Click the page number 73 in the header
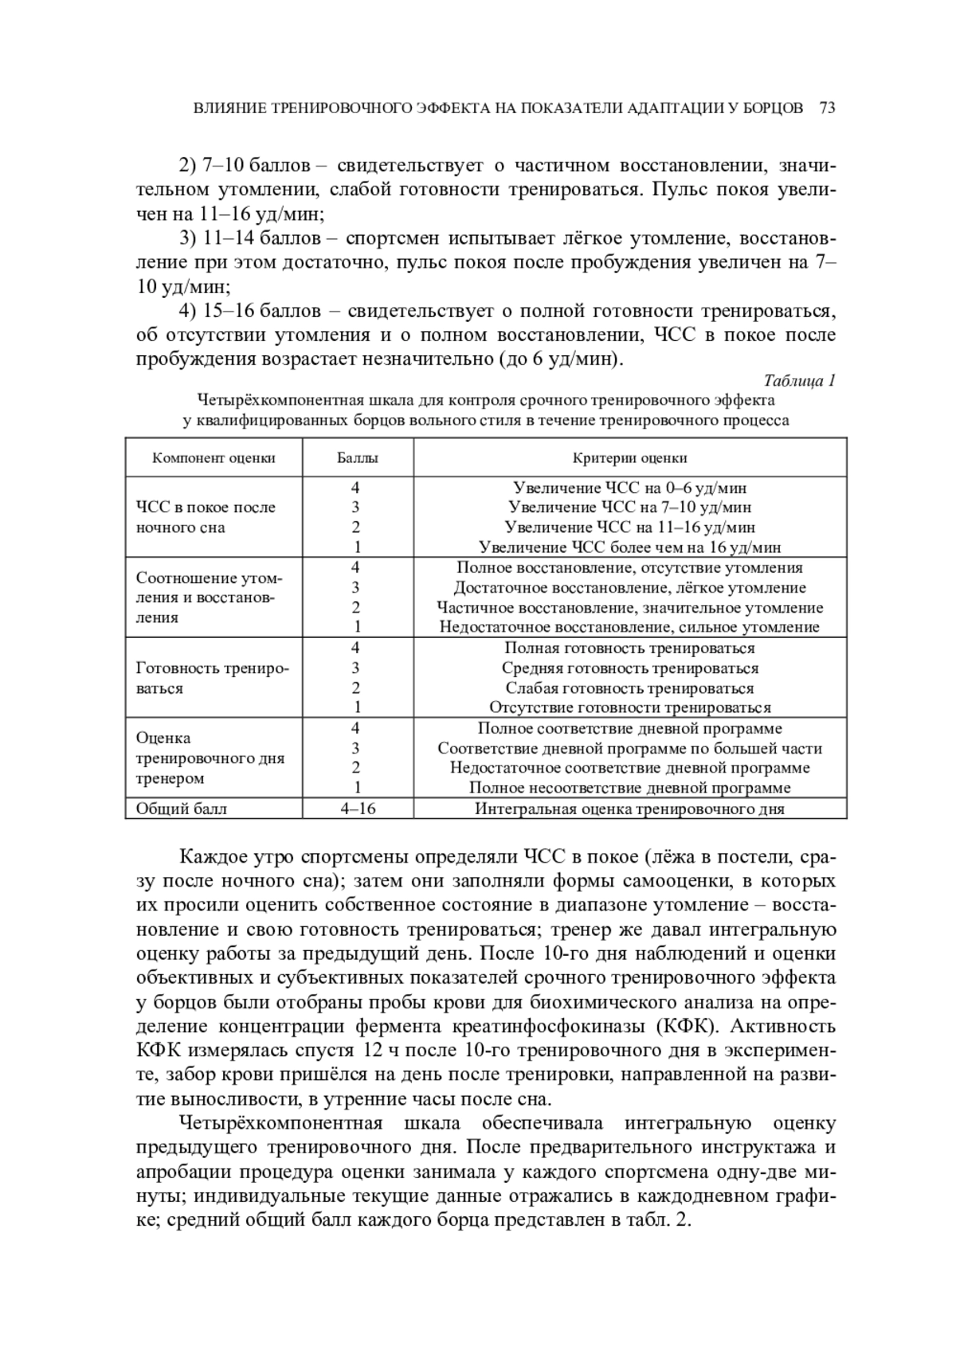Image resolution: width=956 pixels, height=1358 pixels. click(x=826, y=108)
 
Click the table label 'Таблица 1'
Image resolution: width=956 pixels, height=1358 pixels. click(x=799, y=380)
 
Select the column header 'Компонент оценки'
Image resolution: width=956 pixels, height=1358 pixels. click(x=214, y=458)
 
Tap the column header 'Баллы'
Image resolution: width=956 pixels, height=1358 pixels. click(x=358, y=458)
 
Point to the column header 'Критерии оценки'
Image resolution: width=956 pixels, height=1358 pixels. click(x=629, y=458)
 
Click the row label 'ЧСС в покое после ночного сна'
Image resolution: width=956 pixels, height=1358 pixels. click(x=206, y=517)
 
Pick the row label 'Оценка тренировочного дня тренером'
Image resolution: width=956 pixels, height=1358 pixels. click(x=210, y=758)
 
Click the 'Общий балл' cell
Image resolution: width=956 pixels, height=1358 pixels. click(x=182, y=808)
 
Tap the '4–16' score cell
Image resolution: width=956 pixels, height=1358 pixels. click(x=358, y=808)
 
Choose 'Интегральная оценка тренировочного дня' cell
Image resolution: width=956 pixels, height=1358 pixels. click(x=629, y=808)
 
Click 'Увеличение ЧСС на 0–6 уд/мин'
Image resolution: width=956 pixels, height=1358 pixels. click(x=629, y=487)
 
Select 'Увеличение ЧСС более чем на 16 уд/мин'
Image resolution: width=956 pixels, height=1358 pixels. click(x=629, y=547)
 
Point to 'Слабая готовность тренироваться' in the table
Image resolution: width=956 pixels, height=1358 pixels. click(x=629, y=688)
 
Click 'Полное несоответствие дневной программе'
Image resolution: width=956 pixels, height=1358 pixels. click(x=629, y=788)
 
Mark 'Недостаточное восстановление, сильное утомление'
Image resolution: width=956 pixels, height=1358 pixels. click(x=629, y=627)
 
